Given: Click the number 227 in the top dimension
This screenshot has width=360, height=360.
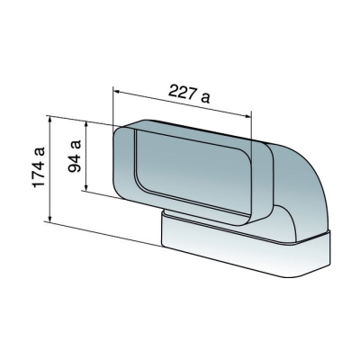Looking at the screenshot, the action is [181, 92].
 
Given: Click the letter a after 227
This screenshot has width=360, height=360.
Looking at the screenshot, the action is [205, 97].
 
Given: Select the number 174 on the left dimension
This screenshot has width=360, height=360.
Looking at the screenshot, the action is [39, 175].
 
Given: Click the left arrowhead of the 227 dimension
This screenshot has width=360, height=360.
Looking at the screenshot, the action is [116, 91].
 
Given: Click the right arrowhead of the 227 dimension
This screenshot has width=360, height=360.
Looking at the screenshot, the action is [247, 116].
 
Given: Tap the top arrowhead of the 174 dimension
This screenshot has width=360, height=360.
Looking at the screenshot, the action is [50, 120].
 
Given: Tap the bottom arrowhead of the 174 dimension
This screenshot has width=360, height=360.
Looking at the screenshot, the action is [50, 218].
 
